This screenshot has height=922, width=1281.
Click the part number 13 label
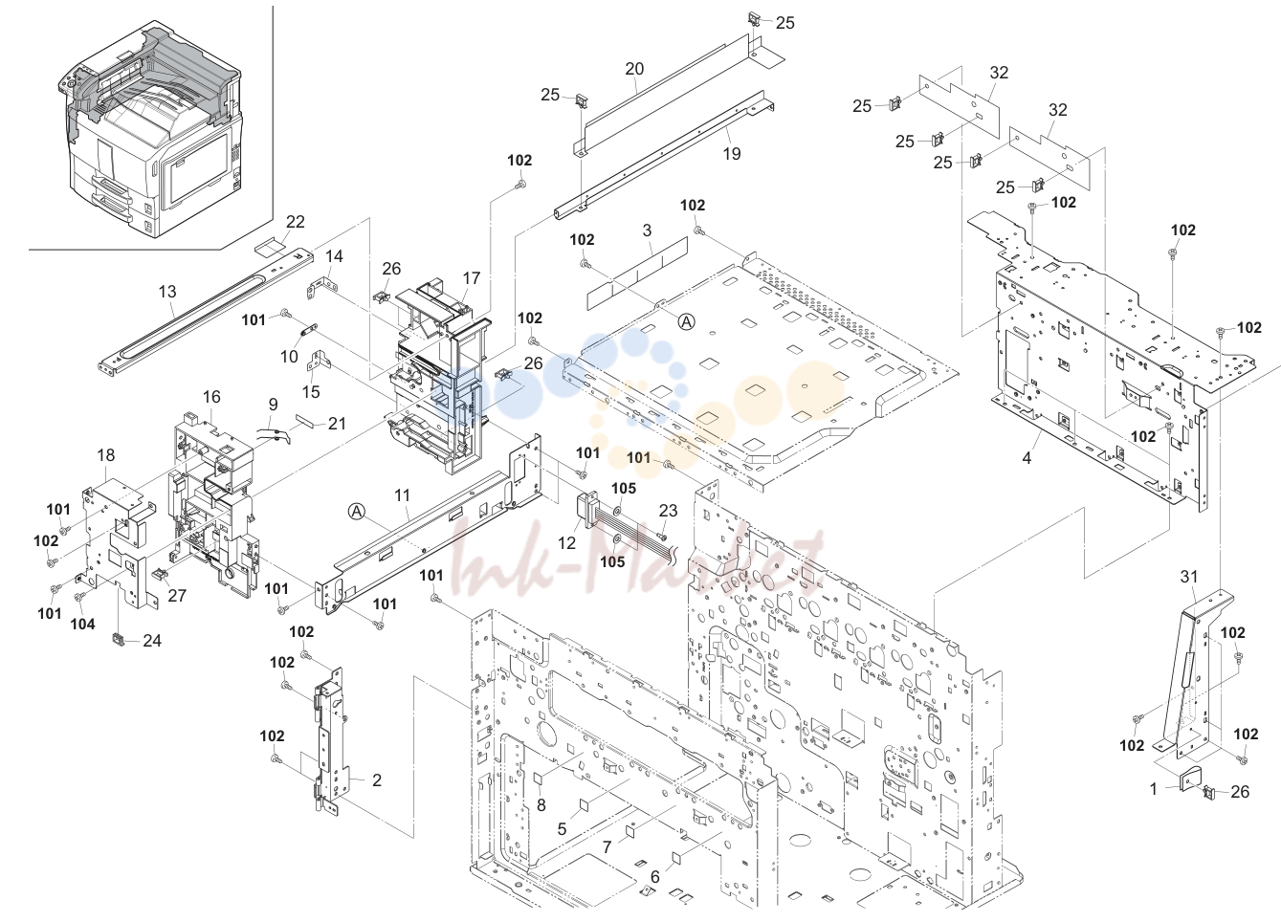(167, 292)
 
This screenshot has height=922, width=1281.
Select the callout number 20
(634, 69)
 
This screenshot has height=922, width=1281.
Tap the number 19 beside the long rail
(732, 154)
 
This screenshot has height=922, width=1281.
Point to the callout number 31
(1189, 577)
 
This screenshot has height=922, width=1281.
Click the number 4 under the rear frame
(1027, 458)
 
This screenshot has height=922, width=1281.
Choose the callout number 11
(402, 495)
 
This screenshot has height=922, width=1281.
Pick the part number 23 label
(668, 511)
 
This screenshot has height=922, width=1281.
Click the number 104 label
(82, 625)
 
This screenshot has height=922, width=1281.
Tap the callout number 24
(152, 641)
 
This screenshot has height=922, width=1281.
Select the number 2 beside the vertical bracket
(376, 780)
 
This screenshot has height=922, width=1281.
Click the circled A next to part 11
(357, 512)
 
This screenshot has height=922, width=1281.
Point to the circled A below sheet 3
(686, 322)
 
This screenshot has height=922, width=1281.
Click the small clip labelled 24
(119, 639)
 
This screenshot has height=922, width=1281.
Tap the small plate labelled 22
(270, 248)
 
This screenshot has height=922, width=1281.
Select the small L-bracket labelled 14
(320, 286)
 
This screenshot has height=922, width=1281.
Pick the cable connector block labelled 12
(587, 511)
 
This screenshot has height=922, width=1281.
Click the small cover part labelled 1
(1189, 779)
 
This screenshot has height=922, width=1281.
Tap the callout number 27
(177, 596)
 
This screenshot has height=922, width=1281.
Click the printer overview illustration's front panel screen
(195, 168)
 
